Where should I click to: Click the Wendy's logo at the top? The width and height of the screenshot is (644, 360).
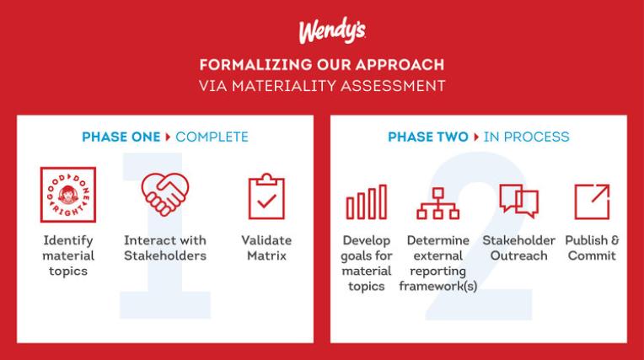pyautogui.click(x=332, y=30)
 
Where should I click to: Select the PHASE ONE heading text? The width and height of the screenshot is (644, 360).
pyautogui.click(x=121, y=137)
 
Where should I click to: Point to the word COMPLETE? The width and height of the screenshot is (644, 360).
pyautogui.click(x=212, y=137)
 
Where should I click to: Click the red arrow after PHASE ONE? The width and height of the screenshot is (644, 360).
pyautogui.click(x=168, y=137)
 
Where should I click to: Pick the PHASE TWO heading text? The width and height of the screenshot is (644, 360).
pyautogui.click(x=428, y=137)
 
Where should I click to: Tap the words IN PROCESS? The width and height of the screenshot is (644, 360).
pyautogui.click(x=526, y=137)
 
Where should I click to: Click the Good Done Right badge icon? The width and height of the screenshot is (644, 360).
pyautogui.click(x=68, y=195)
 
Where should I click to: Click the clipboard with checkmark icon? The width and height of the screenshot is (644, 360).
pyautogui.click(x=266, y=196)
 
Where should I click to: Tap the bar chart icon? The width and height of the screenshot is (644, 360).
pyautogui.click(x=367, y=202)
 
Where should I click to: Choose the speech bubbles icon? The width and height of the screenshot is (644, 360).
pyautogui.click(x=518, y=200)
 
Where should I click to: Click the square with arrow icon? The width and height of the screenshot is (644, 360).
pyautogui.click(x=592, y=201)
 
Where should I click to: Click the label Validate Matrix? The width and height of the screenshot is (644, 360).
pyautogui.click(x=266, y=248)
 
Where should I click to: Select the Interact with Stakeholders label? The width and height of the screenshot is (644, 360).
pyautogui.click(x=165, y=248)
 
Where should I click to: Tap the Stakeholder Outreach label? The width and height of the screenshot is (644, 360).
pyautogui.click(x=518, y=248)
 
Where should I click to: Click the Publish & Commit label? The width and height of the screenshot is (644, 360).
pyautogui.click(x=592, y=248)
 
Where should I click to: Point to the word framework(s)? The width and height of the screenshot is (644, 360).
pyautogui.click(x=437, y=286)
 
